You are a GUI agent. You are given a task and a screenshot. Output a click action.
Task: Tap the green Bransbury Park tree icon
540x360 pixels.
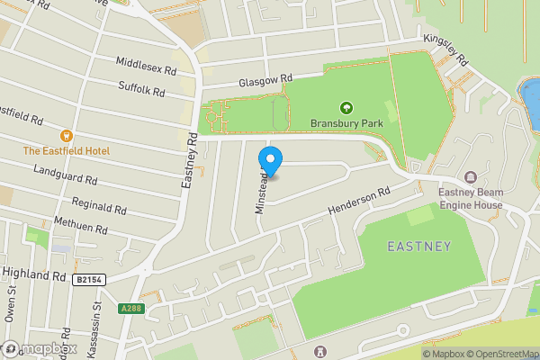(x=346, y=108)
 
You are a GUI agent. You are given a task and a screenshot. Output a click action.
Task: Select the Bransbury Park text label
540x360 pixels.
(x=346, y=123)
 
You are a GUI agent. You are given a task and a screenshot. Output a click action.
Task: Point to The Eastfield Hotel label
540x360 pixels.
(x=67, y=151)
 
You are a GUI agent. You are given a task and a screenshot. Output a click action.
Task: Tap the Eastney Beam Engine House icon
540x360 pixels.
(x=472, y=176)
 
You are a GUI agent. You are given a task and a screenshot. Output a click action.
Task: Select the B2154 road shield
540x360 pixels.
(x=86, y=280)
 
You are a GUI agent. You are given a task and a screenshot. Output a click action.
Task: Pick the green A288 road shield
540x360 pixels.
(x=130, y=309)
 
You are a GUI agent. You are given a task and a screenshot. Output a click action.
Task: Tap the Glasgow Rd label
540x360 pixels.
(x=266, y=81)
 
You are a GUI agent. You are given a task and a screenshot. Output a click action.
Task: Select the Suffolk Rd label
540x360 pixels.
(x=142, y=89)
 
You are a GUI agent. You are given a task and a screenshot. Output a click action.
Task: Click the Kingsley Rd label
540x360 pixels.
(x=447, y=50)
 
